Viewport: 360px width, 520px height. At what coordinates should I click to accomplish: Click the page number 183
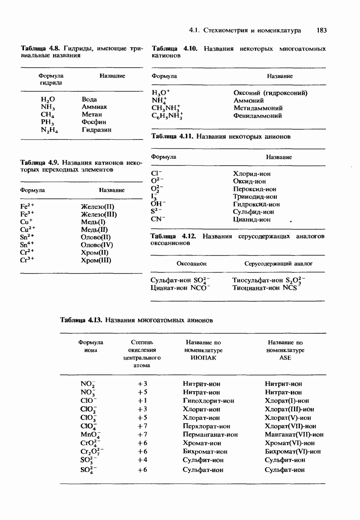point(321,30)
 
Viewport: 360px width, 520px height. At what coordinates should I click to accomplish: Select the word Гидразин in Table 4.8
point(96,130)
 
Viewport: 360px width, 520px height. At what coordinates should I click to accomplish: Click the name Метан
point(91,114)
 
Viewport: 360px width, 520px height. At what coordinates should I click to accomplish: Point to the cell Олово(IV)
point(97,245)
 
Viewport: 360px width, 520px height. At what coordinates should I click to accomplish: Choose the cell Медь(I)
point(93,222)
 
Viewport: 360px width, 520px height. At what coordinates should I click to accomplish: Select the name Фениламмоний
point(258,116)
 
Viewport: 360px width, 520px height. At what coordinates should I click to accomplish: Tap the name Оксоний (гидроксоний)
point(270,93)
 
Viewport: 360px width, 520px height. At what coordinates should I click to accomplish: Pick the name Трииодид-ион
point(255,197)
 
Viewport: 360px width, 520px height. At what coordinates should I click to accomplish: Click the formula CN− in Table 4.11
point(158,220)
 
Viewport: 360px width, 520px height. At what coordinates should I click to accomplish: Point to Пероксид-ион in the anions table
point(255,189)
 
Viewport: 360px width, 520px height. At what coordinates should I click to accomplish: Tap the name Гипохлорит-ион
point(208,401)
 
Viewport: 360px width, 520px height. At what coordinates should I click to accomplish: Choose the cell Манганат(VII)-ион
point(294,434)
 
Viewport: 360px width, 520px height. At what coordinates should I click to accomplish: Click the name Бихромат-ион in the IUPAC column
point(205,452)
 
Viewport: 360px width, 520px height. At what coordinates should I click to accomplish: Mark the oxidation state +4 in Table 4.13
point(142,460)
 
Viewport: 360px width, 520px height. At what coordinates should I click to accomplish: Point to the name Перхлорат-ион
point(206,426)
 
